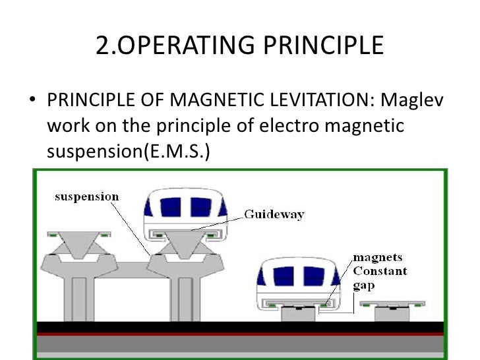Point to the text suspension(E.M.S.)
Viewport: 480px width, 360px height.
click(129, 151)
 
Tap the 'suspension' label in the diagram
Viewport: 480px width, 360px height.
click(86, 196)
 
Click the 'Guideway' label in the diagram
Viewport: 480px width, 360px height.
click(274, 214)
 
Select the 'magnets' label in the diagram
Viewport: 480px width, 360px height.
click(377, 258)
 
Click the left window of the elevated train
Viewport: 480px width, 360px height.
click(170, 207)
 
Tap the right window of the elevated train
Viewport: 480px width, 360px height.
click(200, 207)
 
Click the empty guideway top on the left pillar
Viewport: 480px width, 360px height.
click(70, 234)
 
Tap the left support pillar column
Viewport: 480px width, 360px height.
click(78, 297)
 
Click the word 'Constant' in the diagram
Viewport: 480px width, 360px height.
click(380, 271)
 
